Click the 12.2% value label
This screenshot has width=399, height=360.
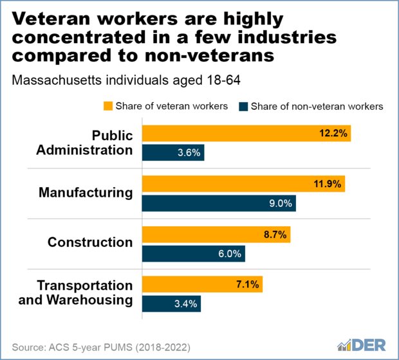point(335,134)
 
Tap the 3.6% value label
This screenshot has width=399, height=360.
point(189,153)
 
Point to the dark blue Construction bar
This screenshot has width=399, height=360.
point(193,253)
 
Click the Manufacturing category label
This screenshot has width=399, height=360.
point(86,192)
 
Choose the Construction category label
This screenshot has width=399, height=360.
point(90,242)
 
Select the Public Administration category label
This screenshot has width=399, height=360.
point(95,142)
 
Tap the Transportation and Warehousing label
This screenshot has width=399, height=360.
point(85,292)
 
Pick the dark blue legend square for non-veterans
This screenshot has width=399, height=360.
point(243,106)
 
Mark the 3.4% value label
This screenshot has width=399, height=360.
point(186,303)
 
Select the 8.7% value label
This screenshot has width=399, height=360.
point(275,234)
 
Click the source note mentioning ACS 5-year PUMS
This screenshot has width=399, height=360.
point(100,347)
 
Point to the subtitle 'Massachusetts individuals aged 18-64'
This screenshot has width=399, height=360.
point(116,81)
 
